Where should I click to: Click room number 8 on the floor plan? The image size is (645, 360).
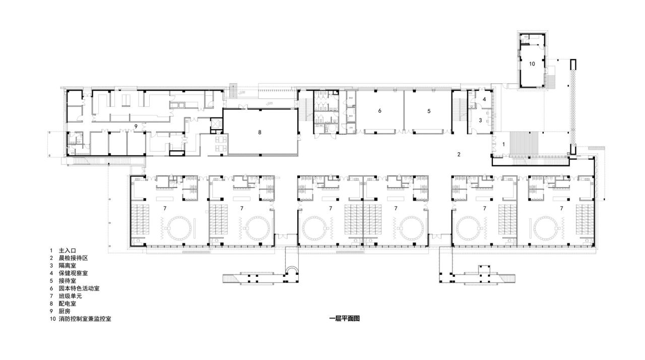pos(260,132)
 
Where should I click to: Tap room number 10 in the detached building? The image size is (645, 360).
pos(532,64)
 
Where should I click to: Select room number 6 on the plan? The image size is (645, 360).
pos(379,110)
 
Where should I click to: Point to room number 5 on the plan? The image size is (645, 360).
pos(429,110)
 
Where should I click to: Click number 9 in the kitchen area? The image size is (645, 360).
pos(136,125)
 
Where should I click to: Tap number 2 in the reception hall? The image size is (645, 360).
pos(459,154)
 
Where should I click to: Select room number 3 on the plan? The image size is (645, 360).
pos(480,121)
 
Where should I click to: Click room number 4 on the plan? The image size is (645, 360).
pos(484,99)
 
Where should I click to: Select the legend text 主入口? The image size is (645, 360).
pos(68,251)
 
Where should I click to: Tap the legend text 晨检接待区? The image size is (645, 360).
pos(74,258)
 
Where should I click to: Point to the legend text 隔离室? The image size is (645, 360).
pos(68,266)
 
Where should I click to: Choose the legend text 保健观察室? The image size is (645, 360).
pos(74,273)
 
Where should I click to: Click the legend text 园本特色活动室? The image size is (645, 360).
pos(79,288)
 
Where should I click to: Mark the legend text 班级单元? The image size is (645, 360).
pos(71,296)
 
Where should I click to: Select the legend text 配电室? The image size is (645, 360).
pos(68,304)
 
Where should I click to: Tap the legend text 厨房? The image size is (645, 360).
pos(65,312)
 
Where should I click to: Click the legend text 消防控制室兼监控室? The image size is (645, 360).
pos(85,319)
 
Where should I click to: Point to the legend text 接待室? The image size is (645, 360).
pos(68,281)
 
